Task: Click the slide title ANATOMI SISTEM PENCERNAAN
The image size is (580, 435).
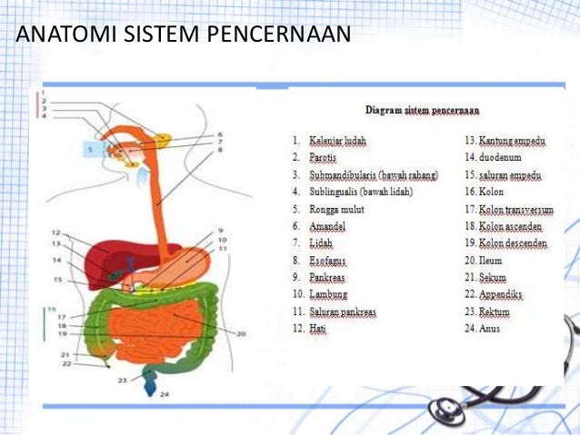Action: (183, 35)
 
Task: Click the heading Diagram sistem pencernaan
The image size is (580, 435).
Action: (422, 110)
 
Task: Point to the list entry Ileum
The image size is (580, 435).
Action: (492, 260)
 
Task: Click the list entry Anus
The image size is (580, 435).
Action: (489, 328)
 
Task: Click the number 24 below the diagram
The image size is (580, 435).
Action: (164, 395)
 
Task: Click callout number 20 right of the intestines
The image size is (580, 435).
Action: (241, 334)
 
